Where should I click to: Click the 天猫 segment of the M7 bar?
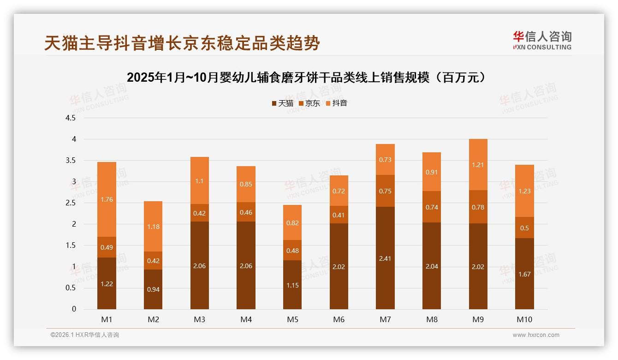[385, 258]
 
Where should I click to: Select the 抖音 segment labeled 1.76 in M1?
[107, 199]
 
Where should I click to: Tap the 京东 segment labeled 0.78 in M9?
[478, 207]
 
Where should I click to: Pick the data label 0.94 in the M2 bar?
[153, 289]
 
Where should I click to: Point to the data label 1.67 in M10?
[524, 274]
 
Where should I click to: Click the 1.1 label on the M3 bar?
[199, 181]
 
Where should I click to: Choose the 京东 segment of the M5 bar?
[292, 250]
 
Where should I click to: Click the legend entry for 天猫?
[282, 103]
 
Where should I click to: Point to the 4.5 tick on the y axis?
[71, 118]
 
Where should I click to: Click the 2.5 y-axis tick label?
[71, 203]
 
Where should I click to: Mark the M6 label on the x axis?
[339, 319]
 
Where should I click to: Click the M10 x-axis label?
[524, 319]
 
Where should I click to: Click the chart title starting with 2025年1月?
[307, 78]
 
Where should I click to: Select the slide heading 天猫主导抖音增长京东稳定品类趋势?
[182, 43]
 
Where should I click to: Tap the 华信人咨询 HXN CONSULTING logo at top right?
[542, 40]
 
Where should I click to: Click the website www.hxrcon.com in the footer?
[536, 335]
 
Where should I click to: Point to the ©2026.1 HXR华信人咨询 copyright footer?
[85, 335]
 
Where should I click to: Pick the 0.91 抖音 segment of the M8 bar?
[432, 172]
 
